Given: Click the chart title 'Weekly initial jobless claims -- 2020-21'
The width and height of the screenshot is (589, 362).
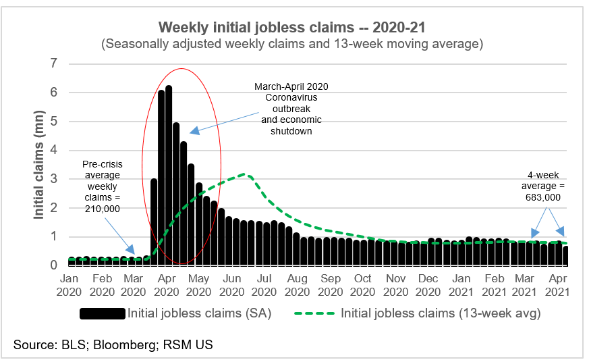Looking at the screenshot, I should (293, 27).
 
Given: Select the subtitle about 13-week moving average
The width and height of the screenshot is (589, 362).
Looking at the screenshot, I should (293, 44).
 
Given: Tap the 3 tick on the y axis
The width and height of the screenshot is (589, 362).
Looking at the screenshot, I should (54, 180).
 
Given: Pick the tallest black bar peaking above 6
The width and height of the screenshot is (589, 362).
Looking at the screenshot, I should (169, 176).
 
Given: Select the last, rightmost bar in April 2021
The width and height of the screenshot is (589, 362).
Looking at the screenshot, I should (565, 256).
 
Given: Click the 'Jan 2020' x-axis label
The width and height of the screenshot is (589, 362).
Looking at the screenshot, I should (70, 284).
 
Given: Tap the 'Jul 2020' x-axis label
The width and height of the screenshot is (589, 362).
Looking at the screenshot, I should (265, 284).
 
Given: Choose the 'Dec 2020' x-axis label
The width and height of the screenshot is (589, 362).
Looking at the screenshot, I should (428, 284).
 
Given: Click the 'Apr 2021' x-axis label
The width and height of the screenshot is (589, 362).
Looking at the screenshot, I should (557, 284).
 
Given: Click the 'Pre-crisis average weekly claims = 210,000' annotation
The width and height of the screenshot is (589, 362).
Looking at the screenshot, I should (101, 186).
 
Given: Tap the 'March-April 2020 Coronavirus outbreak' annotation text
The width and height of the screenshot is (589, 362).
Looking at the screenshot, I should (288, 109).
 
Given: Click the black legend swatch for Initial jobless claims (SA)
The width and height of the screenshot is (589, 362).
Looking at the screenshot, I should (103, 313).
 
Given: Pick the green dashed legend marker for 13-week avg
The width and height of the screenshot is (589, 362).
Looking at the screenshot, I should (316, 313).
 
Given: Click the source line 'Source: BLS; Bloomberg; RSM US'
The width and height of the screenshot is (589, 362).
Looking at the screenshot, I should (113, 345).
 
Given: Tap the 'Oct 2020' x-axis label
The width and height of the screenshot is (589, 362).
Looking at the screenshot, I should (363, 284).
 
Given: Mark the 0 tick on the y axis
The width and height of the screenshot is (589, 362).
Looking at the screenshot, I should (54, 265).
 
